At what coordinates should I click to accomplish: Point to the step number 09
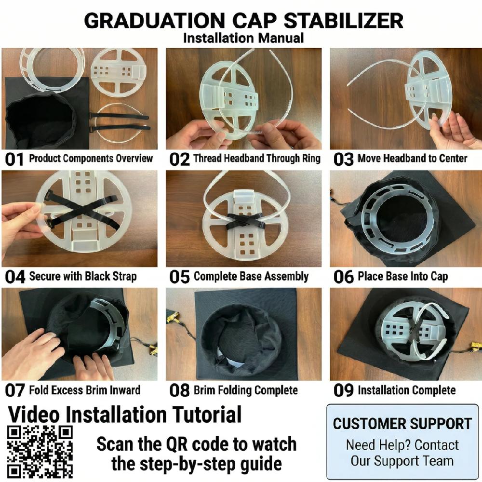[x=343, y=391]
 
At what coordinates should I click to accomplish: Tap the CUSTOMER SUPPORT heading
[x=402, y=424]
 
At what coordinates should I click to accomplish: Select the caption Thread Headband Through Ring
[x=256, y=159]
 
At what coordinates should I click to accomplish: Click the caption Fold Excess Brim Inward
[x=85, y=390]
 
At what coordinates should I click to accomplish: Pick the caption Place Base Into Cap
[x=402, y=277]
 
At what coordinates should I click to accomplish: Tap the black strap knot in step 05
[x=244, y=218]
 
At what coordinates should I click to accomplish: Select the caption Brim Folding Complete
[x=246, y=390]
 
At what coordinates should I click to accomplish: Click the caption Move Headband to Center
[x=412, y=159]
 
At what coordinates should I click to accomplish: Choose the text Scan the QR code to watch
[x=196, y=444]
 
